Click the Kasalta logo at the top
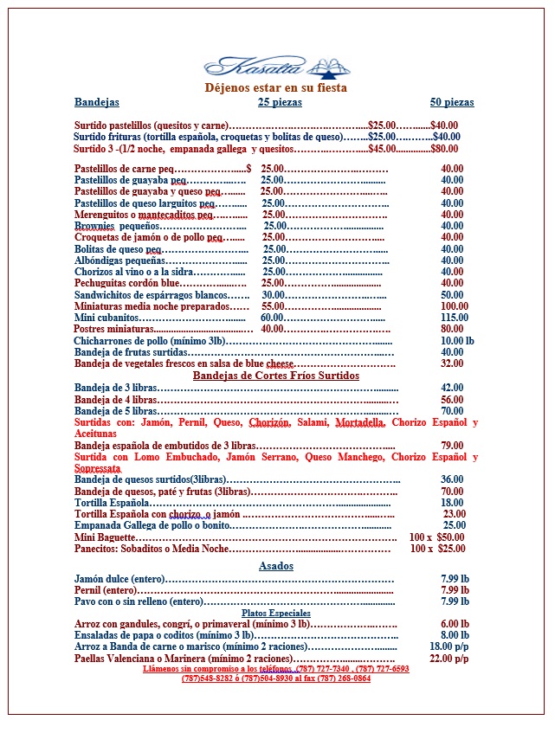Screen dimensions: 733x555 coord(274,65)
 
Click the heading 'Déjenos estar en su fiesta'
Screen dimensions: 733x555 coord(275,87)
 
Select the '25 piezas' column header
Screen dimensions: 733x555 coord(280,102)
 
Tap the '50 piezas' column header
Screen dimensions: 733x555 coord(452,102)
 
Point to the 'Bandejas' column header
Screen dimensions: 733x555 coord(97,102)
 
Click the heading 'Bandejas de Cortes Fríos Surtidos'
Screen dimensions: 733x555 coord(275,376)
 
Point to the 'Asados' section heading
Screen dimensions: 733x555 coord(276,566)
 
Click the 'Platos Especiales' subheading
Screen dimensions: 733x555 coord(276,613)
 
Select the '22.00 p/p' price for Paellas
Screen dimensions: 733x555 coord(449,658)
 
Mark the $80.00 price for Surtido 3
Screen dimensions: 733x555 coord(444,148)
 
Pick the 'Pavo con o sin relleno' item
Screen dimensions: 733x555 coord(139,601)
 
